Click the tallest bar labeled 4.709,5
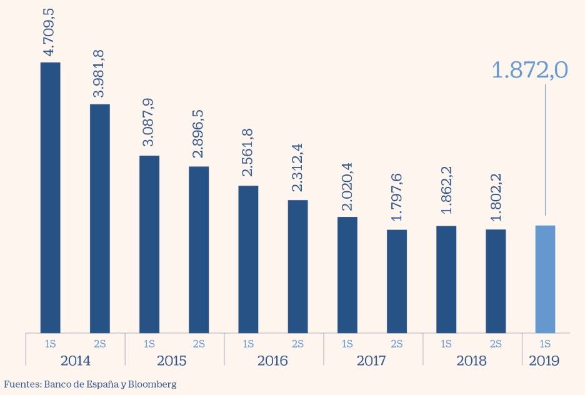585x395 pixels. click(x=50, y=197)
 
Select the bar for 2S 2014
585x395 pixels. click(x=100, y=218)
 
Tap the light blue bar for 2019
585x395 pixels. click(x=545, y=279)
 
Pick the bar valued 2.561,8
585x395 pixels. click(x=248, y=259)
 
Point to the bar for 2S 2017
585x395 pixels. click(x=397, y=281)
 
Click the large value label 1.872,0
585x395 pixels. click(x=529, y=70)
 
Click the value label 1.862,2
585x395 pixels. click(x=447, y=189)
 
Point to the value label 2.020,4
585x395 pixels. click(x=347, y=186)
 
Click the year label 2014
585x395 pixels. click(x=75, y=361)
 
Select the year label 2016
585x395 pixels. click(x=272, y=361)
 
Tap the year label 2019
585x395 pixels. click(x=544, y=361)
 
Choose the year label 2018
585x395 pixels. click(x=471, y=361)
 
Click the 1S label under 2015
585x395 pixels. click(x=149, y=343)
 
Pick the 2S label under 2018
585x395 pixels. click(x=496, y=343)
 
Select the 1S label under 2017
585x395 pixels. click(x=347, y=343)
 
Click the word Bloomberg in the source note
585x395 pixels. click(x=153, y=384)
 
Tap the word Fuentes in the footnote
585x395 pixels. click(x=21, y=384)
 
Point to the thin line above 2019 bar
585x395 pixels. click(x=545, y=150)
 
